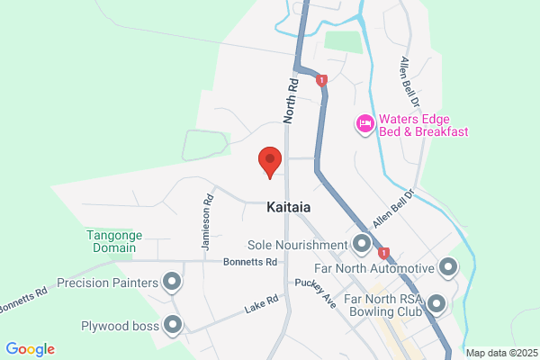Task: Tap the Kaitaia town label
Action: [289, 207]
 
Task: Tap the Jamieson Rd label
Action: [207, 225]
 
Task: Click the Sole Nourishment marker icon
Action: [362, 244]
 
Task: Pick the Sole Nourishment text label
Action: [297, 245]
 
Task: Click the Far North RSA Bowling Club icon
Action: [438, 303]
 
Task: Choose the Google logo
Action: [30, 349]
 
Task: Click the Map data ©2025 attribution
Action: [499, 351]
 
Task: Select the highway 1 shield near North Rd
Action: [321, 80]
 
